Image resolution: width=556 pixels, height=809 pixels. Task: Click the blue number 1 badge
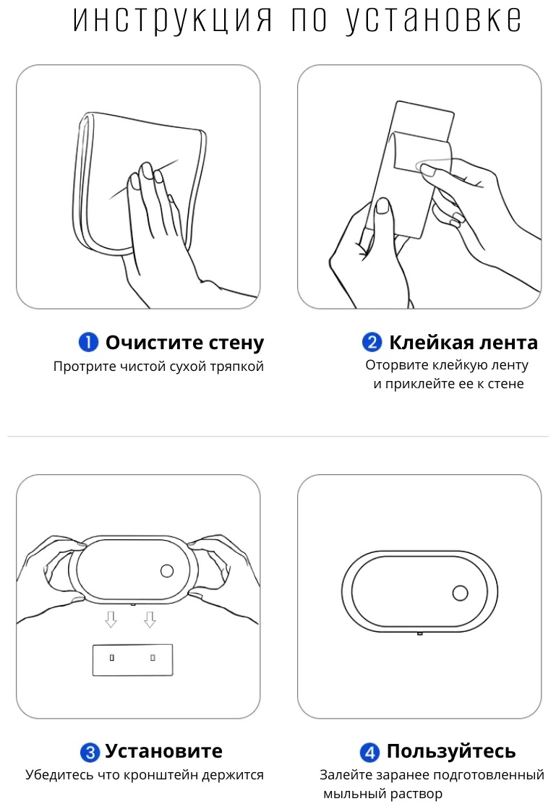[88, 342]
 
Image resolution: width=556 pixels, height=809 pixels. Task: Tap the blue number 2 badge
[372, 342]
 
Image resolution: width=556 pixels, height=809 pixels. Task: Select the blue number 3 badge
[90, 752]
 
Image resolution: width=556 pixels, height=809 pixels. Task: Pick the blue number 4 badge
[369, 752]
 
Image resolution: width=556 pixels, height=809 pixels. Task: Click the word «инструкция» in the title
[173, 21]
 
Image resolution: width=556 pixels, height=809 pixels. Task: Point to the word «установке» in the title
[434, 21]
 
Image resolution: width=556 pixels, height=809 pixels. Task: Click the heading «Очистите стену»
[184, 342]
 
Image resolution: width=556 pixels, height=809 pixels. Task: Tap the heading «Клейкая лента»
[463, 342]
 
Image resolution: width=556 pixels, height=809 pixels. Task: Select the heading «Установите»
[163, 751]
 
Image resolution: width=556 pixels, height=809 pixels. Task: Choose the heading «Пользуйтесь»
[451, 751]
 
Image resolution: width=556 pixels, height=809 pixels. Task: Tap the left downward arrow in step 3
[111, 619]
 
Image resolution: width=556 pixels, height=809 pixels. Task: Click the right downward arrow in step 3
[150, 619]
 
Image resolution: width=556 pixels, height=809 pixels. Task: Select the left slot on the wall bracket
[112, 658]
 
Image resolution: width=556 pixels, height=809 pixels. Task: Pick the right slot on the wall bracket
[153, 658]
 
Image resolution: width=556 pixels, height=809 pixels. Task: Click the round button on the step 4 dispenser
[460, 594]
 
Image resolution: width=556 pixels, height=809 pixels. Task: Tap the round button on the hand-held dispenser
[167, 570]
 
